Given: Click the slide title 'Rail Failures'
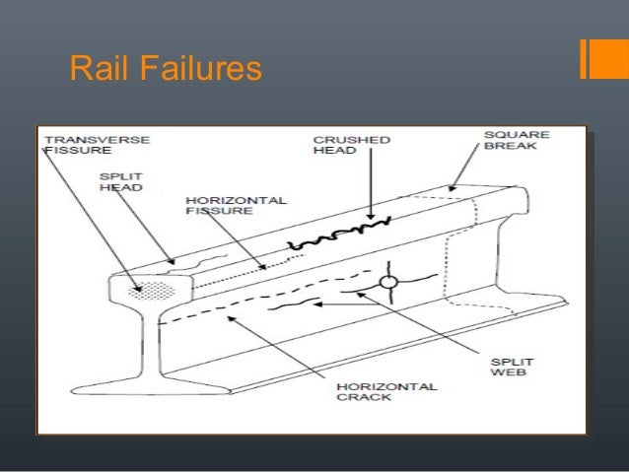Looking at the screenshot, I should [x=165, y=69].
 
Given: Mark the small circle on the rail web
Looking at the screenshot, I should [x=388, y=283].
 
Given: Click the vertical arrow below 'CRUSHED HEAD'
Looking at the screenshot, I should [x=371, y=188].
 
